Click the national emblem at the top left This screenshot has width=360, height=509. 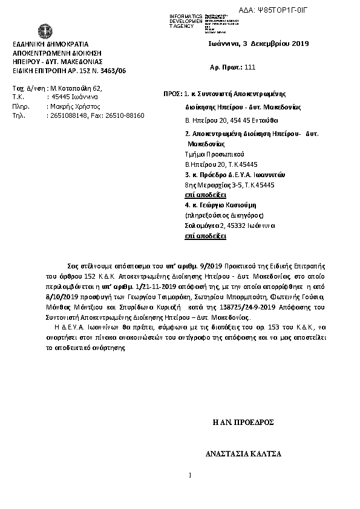coord(44,31)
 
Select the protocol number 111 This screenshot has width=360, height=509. coord(250,68)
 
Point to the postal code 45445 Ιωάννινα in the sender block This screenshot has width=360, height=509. coord(73,96)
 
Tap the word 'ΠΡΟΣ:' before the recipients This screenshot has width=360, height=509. coord(173,94)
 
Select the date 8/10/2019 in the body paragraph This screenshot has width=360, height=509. coord(64,297)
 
